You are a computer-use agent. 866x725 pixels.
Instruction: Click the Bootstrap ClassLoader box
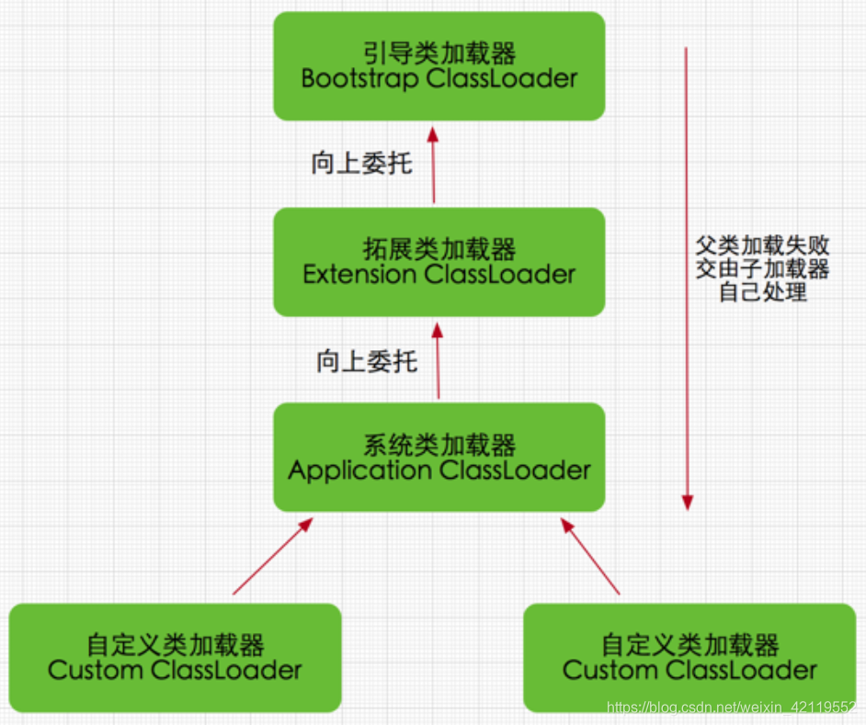(439, 66)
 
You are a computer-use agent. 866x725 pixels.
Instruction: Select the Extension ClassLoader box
(439, 262)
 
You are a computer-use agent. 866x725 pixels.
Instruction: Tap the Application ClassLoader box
(439, 458)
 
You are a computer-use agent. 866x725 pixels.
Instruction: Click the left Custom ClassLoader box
(175, 657)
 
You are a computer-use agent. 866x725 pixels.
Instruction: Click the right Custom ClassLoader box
(689, 657)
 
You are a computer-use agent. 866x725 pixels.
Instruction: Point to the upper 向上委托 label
(361, 164)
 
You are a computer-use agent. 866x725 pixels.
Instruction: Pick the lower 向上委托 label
(366, 360)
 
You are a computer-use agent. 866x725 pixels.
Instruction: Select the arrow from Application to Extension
(439, 360)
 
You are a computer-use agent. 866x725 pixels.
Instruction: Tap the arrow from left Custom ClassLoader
(272, 557)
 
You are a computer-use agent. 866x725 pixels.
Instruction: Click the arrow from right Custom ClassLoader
(592, 557)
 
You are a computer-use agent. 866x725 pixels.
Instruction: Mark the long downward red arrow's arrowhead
(686, 502)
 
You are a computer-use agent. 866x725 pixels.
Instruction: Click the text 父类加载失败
(762, 245)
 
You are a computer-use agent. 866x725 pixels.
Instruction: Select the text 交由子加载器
(762, 269)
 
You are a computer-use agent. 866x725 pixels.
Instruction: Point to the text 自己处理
(762, 293)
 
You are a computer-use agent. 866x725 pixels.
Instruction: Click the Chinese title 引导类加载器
(439, 53)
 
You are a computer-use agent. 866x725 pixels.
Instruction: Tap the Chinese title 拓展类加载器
(439, 249)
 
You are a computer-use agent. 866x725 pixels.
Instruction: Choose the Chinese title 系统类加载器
(439, 446)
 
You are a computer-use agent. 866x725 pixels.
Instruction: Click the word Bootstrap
(359, 79)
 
